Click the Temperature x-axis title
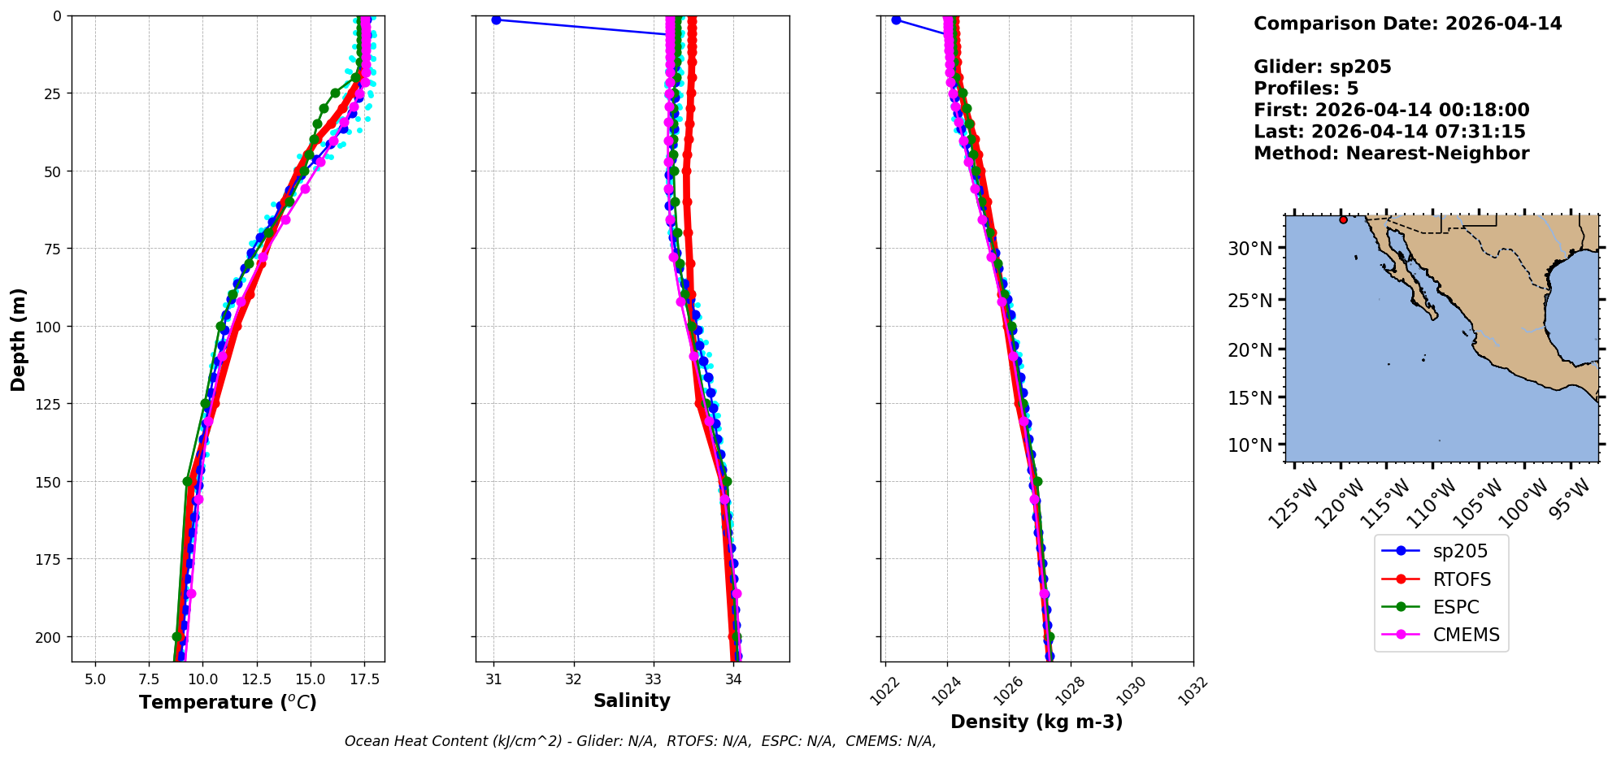(228, 702)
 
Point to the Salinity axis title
(632, 701)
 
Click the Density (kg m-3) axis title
(1037, 722)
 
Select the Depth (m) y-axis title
(18, 339)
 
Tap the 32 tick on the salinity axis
(574, 679)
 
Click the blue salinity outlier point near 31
(496, 20)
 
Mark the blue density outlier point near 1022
(896, 20)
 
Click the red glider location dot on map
(1343, 219)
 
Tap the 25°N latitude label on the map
(1249, 301)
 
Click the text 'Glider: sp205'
(1322, 67)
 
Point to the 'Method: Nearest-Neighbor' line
(1391, 154)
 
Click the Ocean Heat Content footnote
(640, 741)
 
